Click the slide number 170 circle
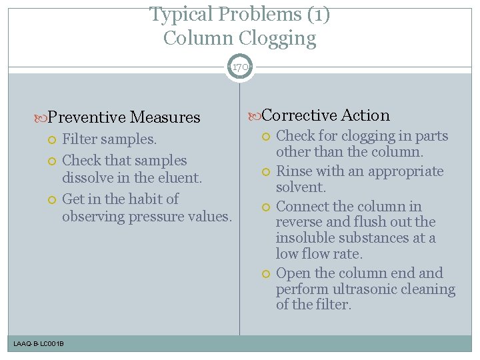pyautogui.click(x=240, y=67)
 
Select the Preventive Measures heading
pyautogui.click(x=124, y=117)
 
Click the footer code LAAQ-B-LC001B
pyautogui.click(x=39, y=343)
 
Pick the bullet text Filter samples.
pyautogui.click(x=109, y=139)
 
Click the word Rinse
pyautogui.click(x=293, y=171)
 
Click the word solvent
pyautogui.click(x=301, y=187)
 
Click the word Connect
pyautogui.click(x=302, y=206)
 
